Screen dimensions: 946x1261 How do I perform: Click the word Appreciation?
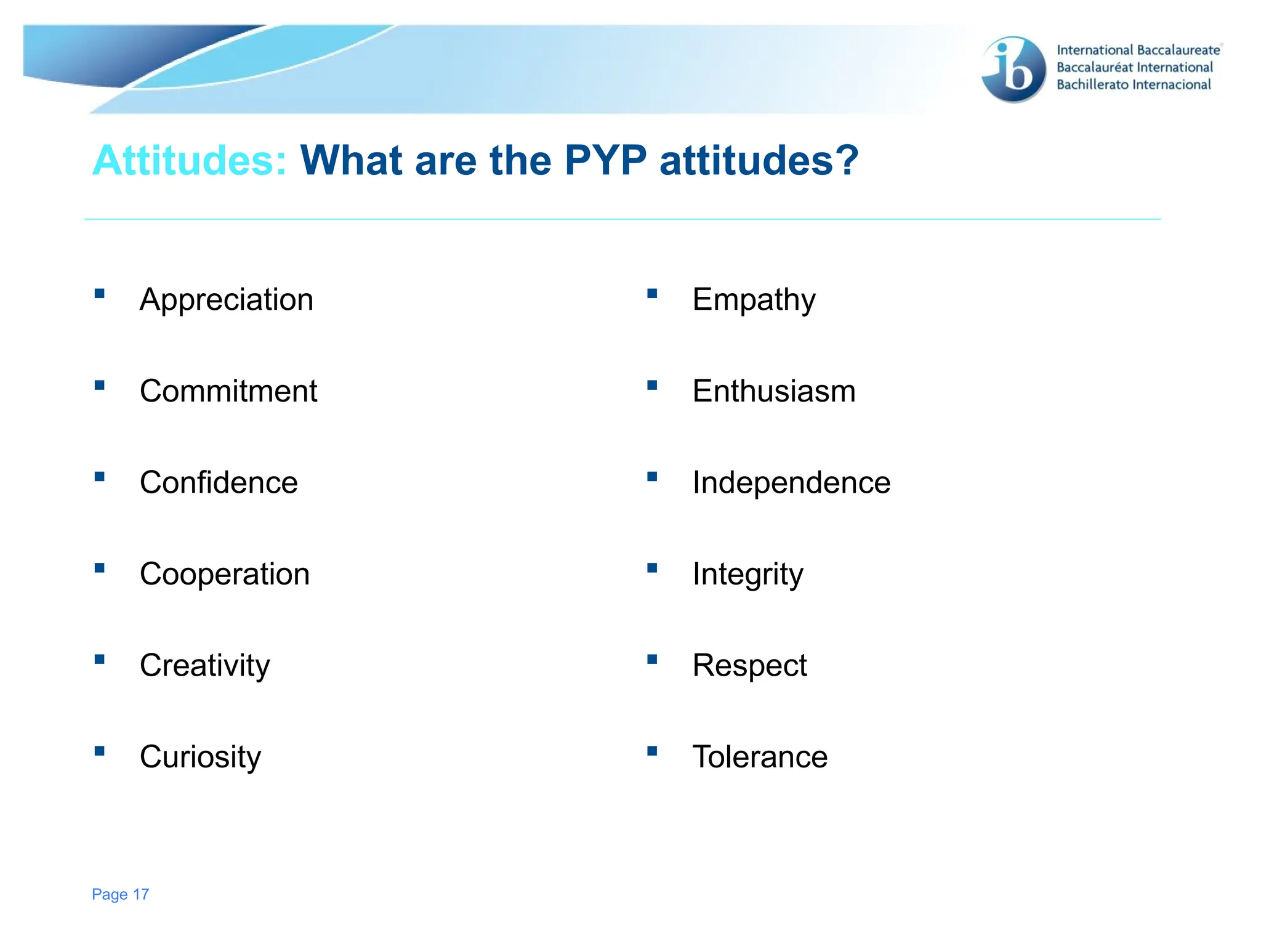click(x=226, y=300)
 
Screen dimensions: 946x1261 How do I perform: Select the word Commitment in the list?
click(x=228, y=391)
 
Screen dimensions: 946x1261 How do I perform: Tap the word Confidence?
click(x=219, y=482)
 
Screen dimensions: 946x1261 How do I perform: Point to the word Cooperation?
click(x=225, y=574)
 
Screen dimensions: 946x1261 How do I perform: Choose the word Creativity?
click(x=204, y=666)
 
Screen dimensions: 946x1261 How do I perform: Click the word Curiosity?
click(x=200, y=757)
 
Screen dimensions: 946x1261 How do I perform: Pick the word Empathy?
click(x=754, y=300)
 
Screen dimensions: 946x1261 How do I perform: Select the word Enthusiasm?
click(x=774, y=391)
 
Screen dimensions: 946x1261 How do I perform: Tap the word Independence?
click(x=791, y=482)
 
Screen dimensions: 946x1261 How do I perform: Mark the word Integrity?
click(x=747, y=574)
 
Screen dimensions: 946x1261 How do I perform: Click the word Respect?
click(x=749, y=666)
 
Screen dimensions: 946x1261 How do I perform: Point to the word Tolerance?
click(x=760, y=757)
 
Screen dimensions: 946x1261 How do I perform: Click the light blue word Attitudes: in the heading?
click(x=190, y=160)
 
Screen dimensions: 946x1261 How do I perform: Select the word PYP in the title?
click(x=605, y=160)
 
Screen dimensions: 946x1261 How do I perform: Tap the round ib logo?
click(x=1013, y=69)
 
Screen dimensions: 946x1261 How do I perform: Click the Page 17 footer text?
click(x=120, y=894)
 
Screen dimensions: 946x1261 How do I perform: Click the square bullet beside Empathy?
click(x=652, y=294)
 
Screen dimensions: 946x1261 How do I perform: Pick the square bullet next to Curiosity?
click(x=99, y=751)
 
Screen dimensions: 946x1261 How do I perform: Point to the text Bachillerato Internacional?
click(x=1134, y=85)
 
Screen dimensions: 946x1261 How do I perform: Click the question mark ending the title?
click(x=846, y=160)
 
